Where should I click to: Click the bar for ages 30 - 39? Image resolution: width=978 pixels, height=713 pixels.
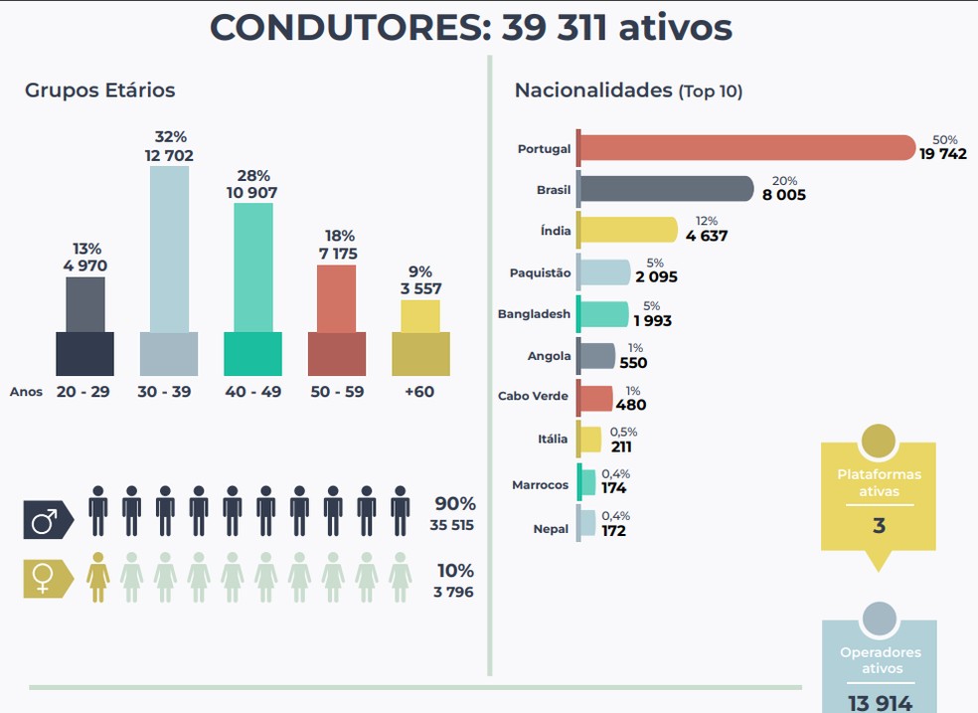(x=169, y=268)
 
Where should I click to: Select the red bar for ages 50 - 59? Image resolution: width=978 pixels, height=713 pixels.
(x=336, y=318)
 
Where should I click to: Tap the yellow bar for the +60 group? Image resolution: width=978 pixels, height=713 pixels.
(x=420, y=338)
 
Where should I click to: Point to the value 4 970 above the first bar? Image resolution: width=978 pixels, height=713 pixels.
(x=84, y=266)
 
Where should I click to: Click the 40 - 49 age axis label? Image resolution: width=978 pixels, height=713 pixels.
(x=252, y=392)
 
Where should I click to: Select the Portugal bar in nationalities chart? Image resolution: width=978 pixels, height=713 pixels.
(x=745, y=148)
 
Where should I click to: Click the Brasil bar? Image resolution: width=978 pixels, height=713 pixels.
(x=666, y=189)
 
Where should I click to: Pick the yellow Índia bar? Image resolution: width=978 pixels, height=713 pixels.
(x=628, y=231)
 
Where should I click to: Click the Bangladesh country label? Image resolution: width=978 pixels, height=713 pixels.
(x=534, y=314)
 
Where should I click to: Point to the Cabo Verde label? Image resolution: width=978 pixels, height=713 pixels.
(x=533, y=396)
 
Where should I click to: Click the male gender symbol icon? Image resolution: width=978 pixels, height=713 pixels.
(x=47, y=519)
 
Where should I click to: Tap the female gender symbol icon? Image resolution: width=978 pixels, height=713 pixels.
(x=47, y=579)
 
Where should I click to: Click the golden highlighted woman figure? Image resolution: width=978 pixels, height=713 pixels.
(x=98, y=577)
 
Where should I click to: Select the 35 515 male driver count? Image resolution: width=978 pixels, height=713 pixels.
(x=452, y=525)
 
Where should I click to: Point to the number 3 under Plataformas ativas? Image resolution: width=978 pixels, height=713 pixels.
(x=879, y=525)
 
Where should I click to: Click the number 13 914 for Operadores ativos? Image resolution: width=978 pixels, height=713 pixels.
(x=880, y=702)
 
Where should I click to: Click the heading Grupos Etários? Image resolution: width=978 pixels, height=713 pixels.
(x=99, y=90)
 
